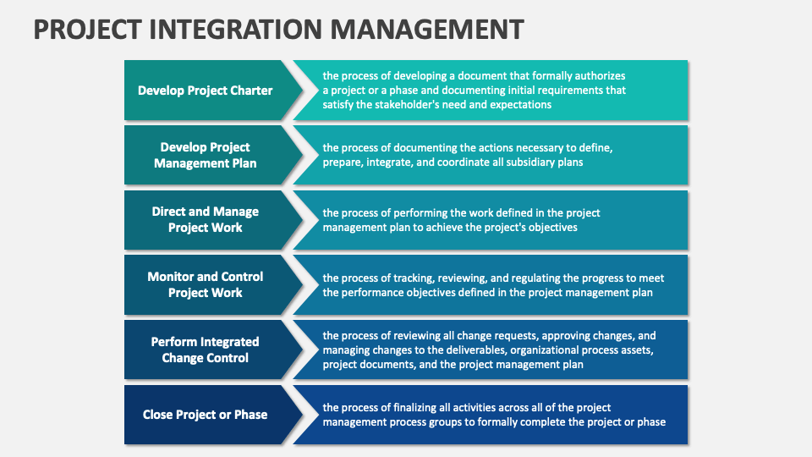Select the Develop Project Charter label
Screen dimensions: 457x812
point(205,91)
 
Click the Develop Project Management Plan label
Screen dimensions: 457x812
point(205,155)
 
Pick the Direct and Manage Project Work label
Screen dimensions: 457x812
point(205,219)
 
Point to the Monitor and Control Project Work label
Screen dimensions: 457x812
point(205,284)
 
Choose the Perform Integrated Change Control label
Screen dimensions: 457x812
point(205,350)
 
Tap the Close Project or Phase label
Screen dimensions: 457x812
point(205,415)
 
